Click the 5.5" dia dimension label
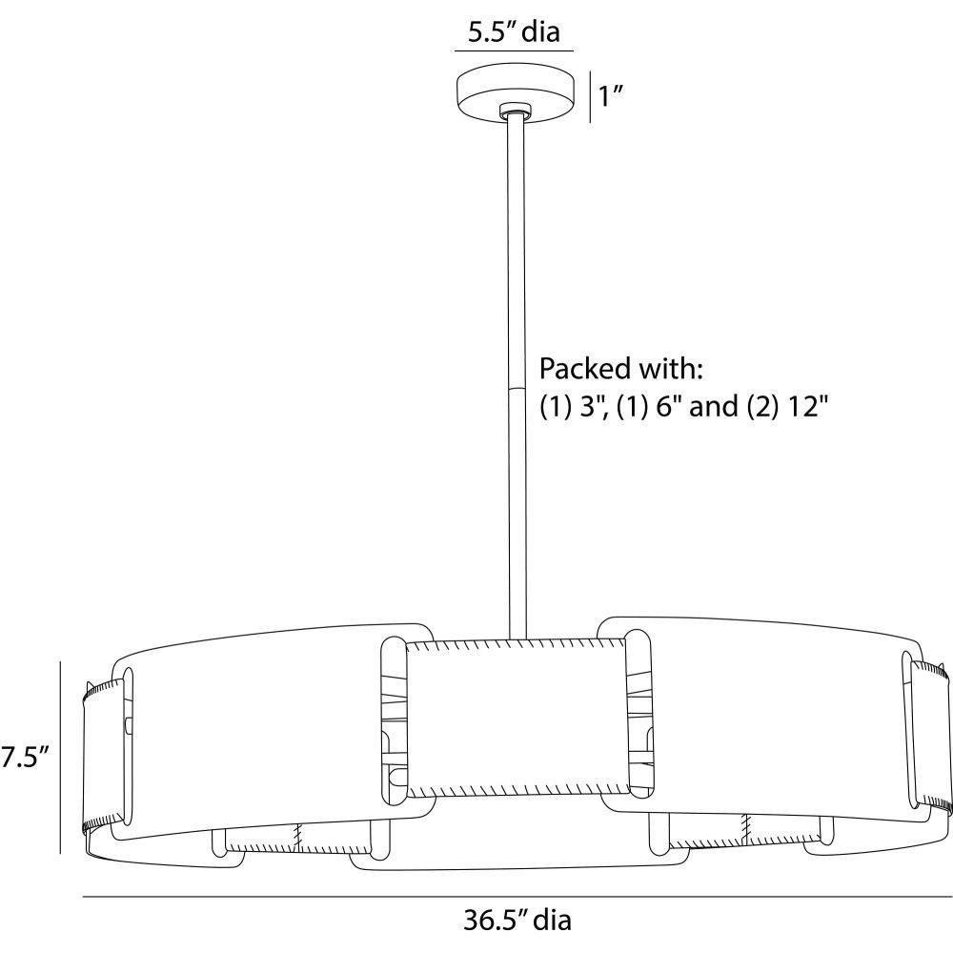click(x=514, y=31)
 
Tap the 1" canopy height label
click(x=612, y=96)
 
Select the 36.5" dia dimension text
click(x=517, y=920)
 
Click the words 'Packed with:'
click(x=621, y=368)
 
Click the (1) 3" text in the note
click(x=575, y=406)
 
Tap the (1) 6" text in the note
click(x=650, y=406)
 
